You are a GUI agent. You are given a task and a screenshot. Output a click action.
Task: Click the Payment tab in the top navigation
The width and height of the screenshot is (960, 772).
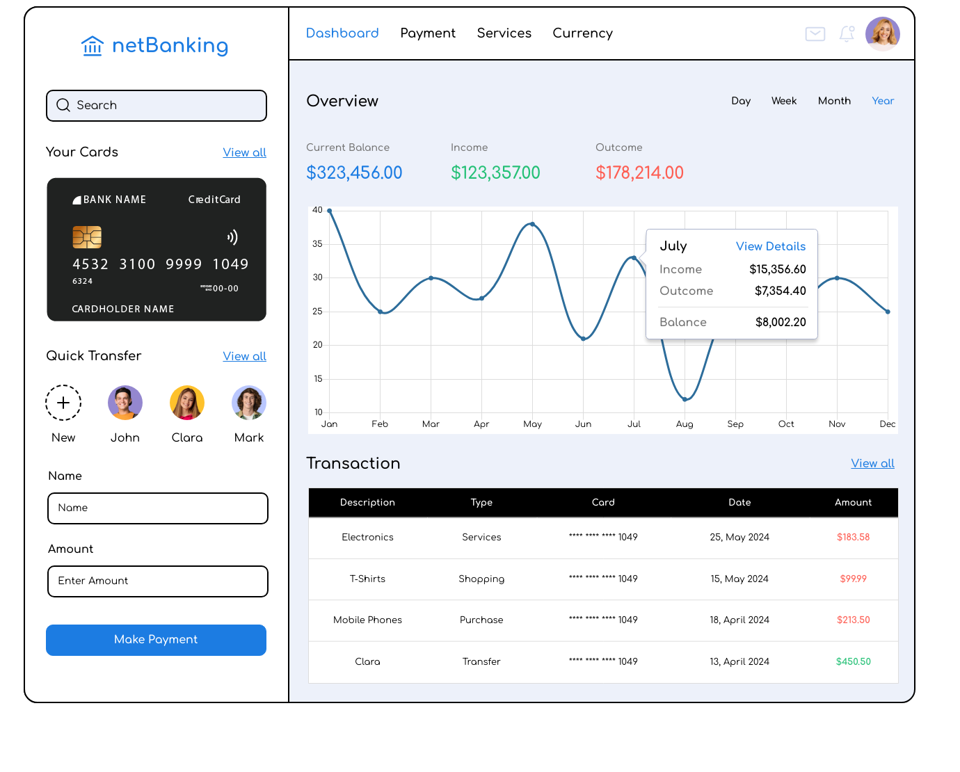click(x=427, y=33)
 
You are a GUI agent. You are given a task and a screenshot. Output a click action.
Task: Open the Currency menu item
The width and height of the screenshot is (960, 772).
click(x=582, y=33)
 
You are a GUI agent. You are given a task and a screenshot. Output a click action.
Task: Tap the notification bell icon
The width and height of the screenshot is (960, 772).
click(x=847, y=33)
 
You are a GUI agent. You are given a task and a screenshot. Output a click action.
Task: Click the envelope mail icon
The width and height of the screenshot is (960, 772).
click(x=815, y=33)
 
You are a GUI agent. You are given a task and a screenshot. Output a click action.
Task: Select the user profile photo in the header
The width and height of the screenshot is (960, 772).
click(x=882, y=34)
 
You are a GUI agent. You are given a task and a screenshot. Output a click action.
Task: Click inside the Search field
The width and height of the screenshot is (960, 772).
click(x=157, y=106)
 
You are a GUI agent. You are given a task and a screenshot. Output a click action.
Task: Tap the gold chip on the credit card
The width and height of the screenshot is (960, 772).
click(x=87, y=237)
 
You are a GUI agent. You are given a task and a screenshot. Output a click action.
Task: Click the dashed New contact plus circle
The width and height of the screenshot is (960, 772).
click(x=63, y=403)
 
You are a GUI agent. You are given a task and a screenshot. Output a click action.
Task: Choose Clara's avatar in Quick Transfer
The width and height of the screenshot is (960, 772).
click(x=187, y=403)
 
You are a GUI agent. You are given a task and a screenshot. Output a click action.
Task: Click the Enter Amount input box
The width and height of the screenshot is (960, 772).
click(x=158, y=581)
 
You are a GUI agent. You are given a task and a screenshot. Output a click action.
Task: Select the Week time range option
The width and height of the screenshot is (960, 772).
click(x=783, y=101)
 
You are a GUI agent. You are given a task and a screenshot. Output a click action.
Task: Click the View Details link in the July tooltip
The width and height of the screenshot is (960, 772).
click(x=770, y=246)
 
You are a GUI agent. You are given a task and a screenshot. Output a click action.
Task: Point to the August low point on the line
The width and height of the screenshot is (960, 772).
click(x=685, y=399)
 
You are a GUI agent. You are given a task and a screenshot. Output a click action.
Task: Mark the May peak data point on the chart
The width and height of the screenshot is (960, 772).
click(x=532, y=224)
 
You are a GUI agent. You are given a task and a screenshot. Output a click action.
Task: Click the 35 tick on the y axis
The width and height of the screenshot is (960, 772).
click(x=317, y=244)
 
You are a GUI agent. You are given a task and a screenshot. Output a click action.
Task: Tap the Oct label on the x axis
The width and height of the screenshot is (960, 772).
click(x=786, y=424)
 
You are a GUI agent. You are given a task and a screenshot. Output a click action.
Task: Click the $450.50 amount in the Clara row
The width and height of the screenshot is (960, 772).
click(x=853, y=661)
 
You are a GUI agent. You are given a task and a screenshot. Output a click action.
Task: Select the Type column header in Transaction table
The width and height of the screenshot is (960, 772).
click(x=481, y=502)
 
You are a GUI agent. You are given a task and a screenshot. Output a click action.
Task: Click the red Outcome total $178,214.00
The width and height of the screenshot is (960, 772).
click(x=639, y=172)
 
